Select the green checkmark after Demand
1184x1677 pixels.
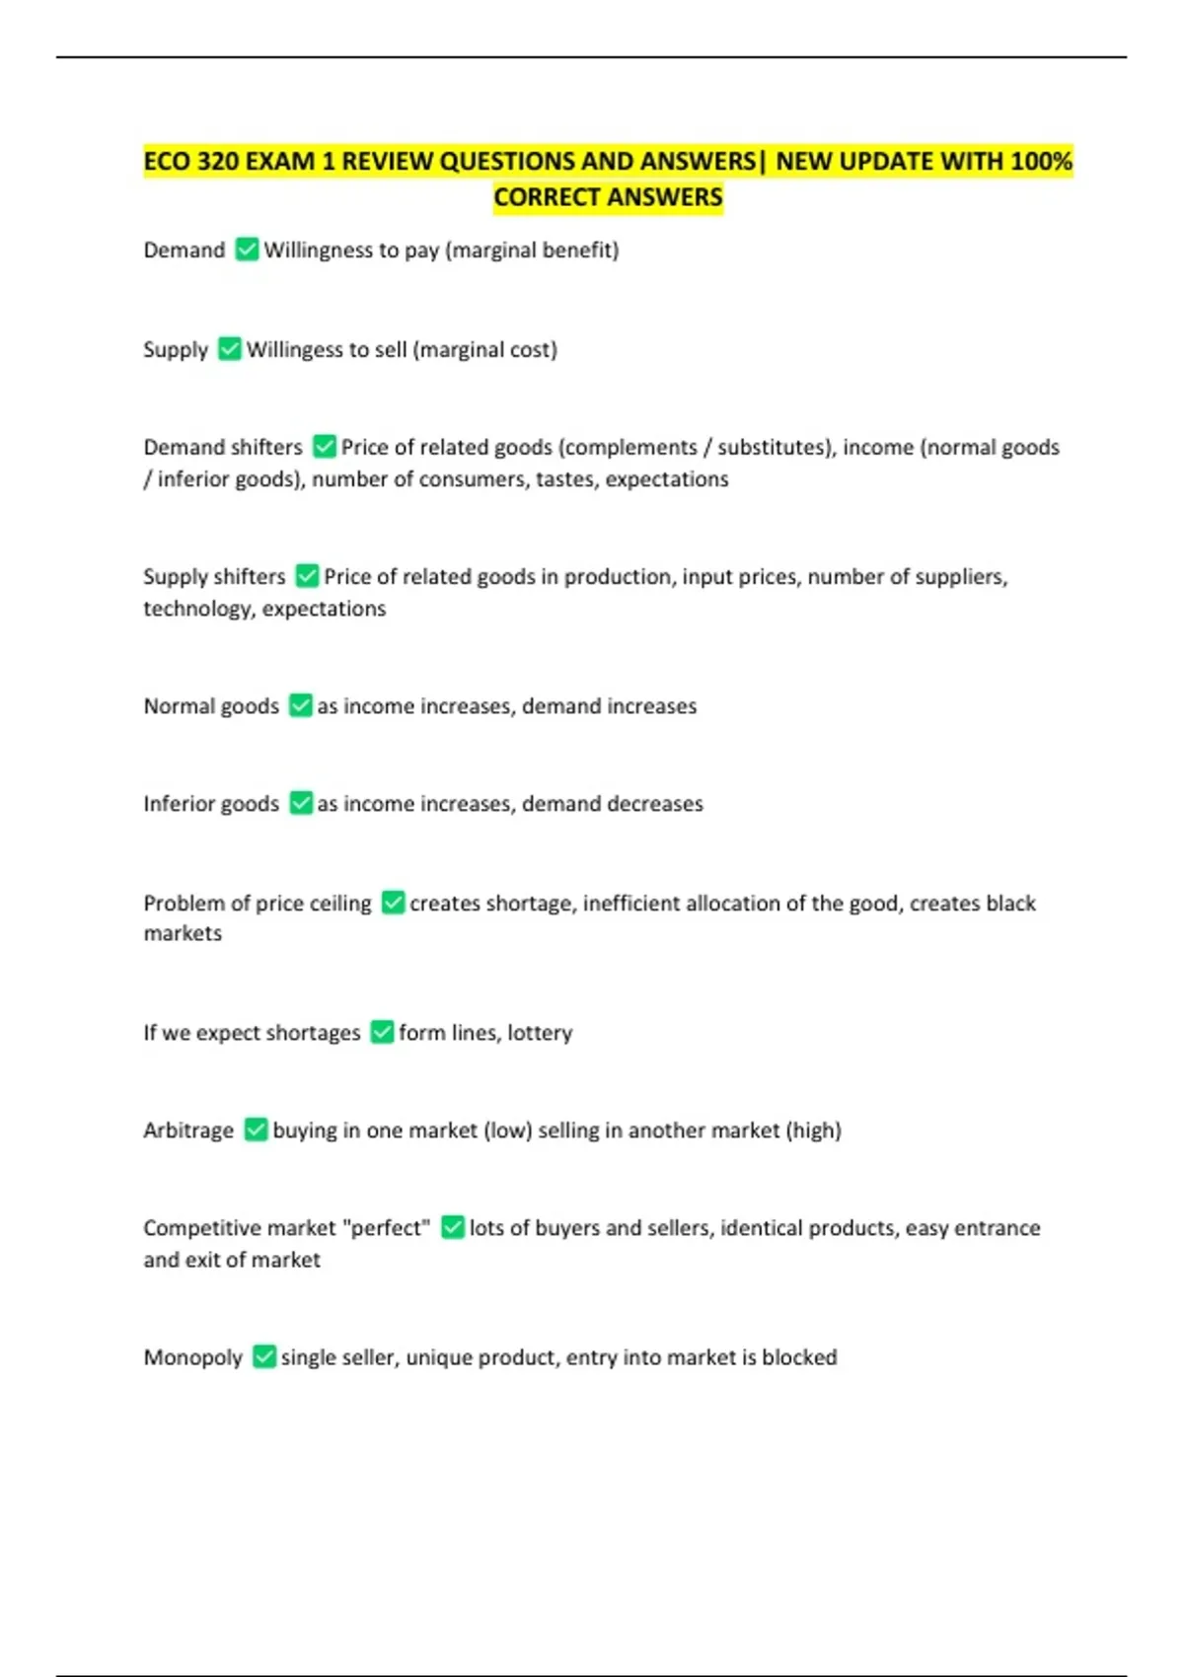click(x=247, y=250)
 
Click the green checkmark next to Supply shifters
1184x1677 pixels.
click(x=307, y=575)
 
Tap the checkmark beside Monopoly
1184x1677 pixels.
click(x=263, y=1356)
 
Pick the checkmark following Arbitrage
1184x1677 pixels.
click(x=256, y=1130)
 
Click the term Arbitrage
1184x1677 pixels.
click(x=188, y=1130)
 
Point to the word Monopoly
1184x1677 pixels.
click(x=192, y=1357)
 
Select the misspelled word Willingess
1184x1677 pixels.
click(x=294, y=349)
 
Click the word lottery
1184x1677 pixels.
click(x=540, y=1033)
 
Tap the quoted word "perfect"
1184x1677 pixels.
click(x=386, y=1228)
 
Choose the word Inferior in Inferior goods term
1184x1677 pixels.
click(x=177, y=804)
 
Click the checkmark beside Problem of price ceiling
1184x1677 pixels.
click(x=393, y=903)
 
